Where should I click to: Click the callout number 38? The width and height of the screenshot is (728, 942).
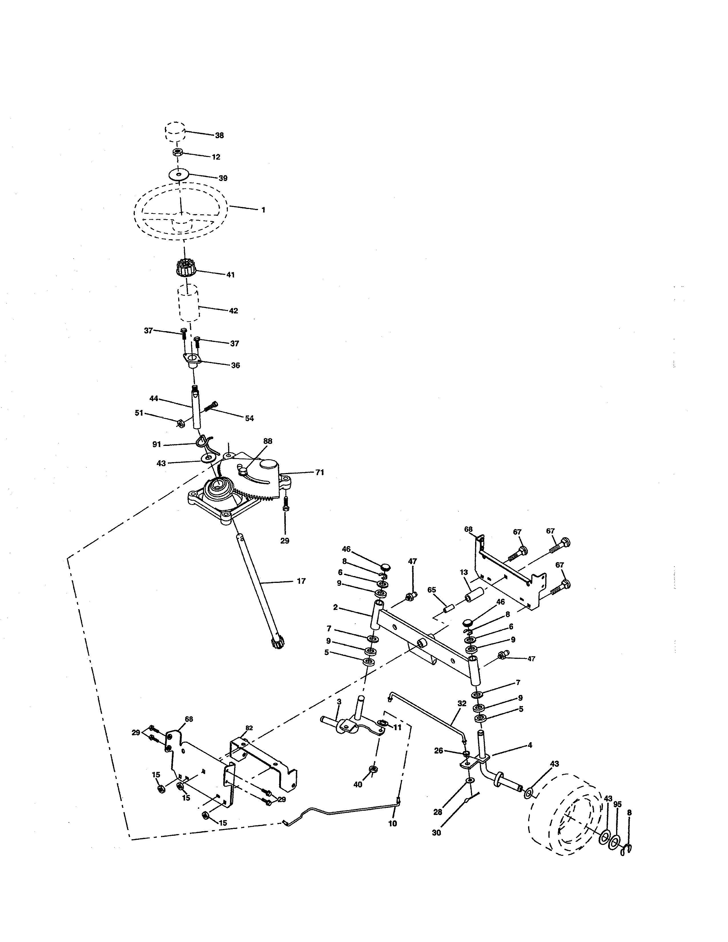click(220, 135)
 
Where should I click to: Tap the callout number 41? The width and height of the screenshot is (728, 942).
click(230, 275)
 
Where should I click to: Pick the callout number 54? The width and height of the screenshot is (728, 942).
click(249, 418)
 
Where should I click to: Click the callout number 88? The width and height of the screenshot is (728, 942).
click(268, 441)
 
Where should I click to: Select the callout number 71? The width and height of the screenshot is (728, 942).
click(319, 473)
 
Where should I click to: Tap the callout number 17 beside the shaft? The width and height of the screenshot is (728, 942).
click(301, 581)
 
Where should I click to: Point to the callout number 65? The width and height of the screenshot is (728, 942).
click(432, 590)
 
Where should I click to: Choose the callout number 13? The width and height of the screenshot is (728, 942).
click(464, 572)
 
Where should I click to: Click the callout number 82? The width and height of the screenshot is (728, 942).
click(249, 728)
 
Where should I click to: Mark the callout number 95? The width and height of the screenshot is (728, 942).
click(617, 804)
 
